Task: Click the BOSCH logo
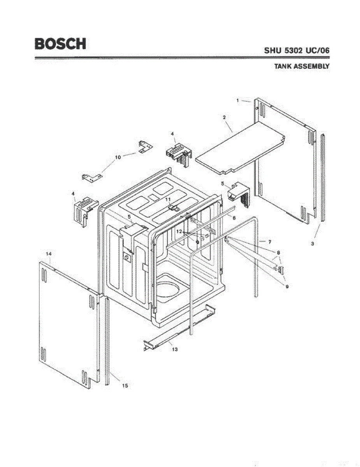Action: pyautogui.click(x=60, y=43)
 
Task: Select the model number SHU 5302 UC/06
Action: pyautogui.click(x=297, y=51)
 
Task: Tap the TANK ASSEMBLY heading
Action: pyautogui.click(x=302, y=66)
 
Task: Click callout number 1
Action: pyautogui.click(x=237, y=100)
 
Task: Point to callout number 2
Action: pyautogui.click(x=225, y=117)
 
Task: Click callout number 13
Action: pyautogui.click(x=175, y=349)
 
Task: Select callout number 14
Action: pyautogui.click(x=49, y=254)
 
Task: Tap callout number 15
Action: pyautogui.click(x=125, y=386)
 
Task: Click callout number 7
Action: pyautogui.click(x=270, y=241)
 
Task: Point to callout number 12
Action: pyautogui.click(x=179, y=231)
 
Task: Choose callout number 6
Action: pyautogui.click(x=234, y=218)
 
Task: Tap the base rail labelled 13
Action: pyautogui.click(x=179, y=331)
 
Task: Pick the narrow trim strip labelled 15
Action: pyautogui.click(x=107, y=339)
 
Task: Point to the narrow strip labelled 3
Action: pyautogui.click(x=323, y=179)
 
